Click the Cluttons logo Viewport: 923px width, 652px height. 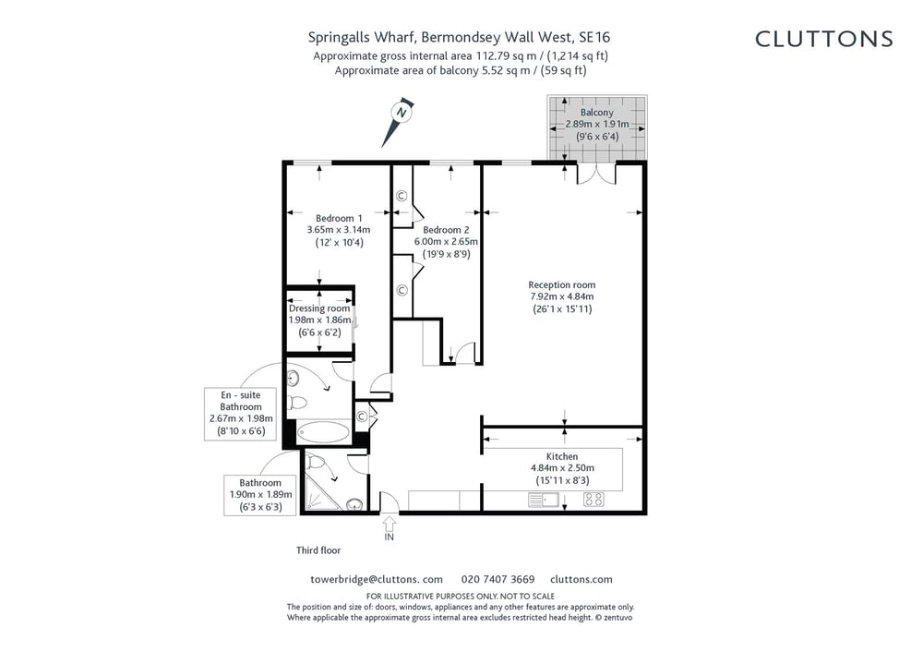tap(823, 39)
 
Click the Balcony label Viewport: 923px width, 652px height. tap(597, 112)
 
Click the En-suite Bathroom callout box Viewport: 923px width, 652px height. tap(241, 414)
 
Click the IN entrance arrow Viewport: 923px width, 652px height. tap(390, 528)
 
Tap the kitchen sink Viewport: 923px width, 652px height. tap(544, 500)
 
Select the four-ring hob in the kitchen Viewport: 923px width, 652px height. tap(593, 500)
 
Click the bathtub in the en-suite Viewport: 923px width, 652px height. tap(322, 432)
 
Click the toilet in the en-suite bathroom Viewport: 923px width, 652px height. tap(297, 404)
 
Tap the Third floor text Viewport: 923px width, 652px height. tap(318, 550)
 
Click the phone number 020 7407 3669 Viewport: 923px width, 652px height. tap(497, 580)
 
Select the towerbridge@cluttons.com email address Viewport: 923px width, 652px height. tap(377, 580)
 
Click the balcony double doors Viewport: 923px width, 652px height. tap(596, 174)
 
